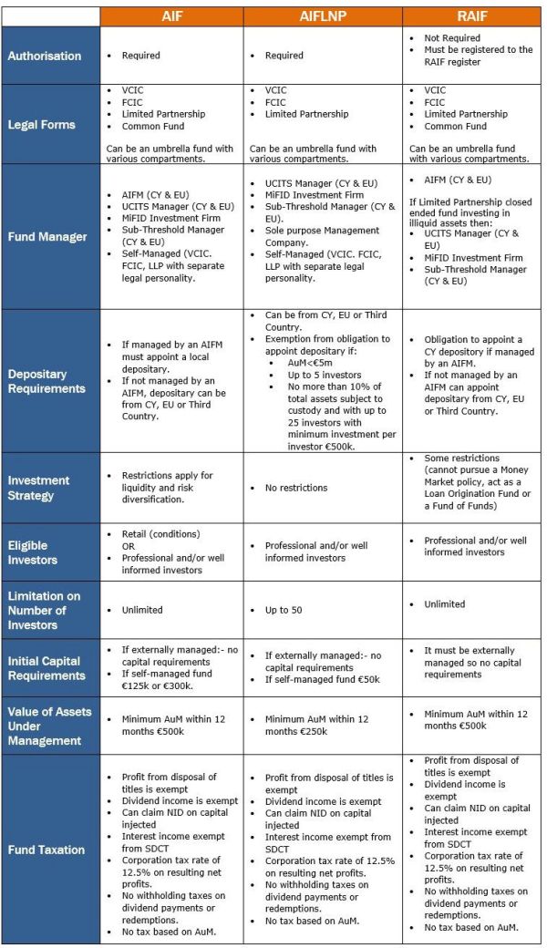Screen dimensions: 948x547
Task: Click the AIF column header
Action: pyautogui.click(x=171, y=16)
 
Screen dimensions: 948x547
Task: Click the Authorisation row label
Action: pyautogui.click(x=45, y=56)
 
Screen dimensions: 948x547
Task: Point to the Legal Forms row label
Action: pyautogui.click(x=42, y=124)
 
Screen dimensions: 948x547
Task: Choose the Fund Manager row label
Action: pyautogui.click(x=47, y=237)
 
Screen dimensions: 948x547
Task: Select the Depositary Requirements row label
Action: pyautogui.click(x=46, y=381)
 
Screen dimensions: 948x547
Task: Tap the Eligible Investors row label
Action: pyautogui.click(x=33, y=552)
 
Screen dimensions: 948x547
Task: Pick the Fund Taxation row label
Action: pyautogui.click(x=46, y=850)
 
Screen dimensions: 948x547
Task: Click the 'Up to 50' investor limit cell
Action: pyautogui.click(x=289, y=610)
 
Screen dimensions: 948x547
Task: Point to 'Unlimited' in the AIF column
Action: pyautogui.click(x=142, y=610)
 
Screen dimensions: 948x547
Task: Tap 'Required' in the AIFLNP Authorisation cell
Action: pyautogui.click(x=284, y=56)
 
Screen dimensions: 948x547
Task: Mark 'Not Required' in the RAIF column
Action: pyautogui.click(x=453, y=38)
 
